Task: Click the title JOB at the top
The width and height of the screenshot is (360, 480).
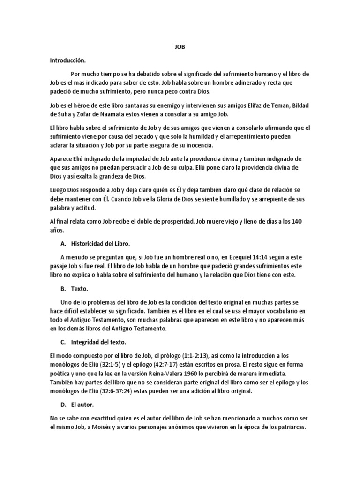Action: pyautogui.click(x=180, y=47)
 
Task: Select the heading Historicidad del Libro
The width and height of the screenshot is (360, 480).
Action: pyautogui.click(x=100, y=244)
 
